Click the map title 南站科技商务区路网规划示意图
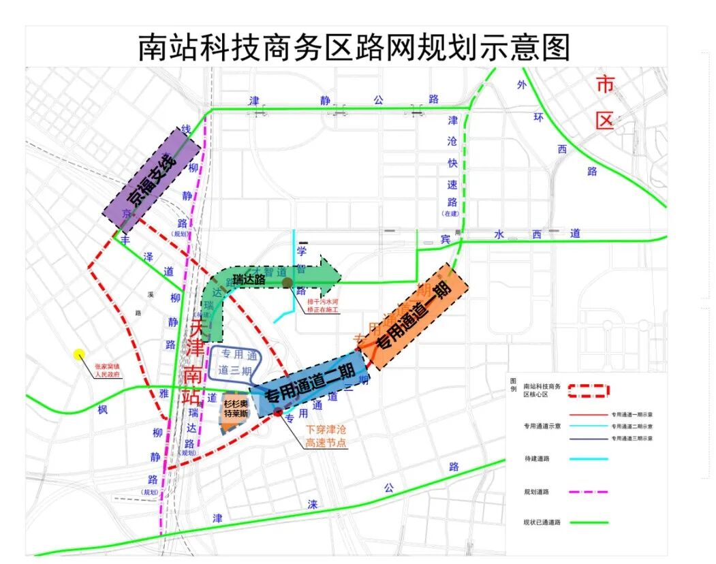(354, 47)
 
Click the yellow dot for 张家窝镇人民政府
(79, 354)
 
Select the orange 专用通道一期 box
(414, 316)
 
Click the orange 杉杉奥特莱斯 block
(235, 413)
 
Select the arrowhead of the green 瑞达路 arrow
(330, 274)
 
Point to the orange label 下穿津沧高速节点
(326, 437)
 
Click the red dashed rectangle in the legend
(588, 390)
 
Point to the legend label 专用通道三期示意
(632, 439)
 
